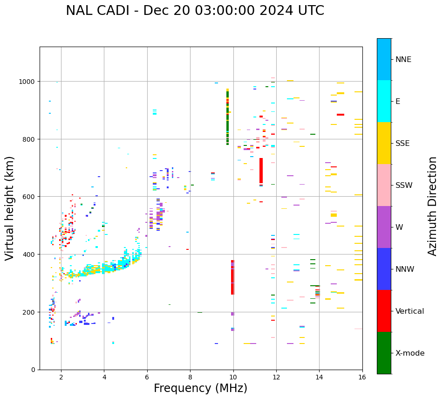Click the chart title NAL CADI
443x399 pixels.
[x=195, y=11]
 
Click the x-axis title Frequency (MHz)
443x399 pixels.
[x=200, y=388]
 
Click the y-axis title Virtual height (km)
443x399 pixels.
[x=10, y=208]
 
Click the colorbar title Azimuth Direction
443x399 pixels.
[x=433, y=206]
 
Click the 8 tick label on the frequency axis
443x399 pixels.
[x=190, y=378]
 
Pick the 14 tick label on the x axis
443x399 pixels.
[x=319, y=378]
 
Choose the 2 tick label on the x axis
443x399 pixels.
[x=61, y=378]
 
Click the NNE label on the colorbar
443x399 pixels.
[x=403, y=59]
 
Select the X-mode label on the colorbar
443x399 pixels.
[x=410, y=353]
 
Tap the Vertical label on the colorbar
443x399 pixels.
[x=410, y=311]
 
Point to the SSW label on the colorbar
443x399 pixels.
[x=404, y=186]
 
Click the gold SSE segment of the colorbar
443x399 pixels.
[x=384, y=143]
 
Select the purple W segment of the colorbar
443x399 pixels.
[x=384, y=227]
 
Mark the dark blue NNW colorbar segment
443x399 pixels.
[x=384, y=269]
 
